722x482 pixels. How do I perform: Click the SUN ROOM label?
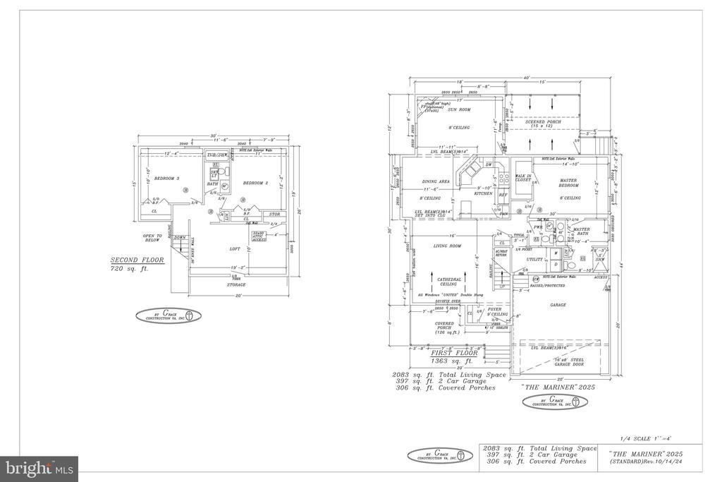click(459, 109)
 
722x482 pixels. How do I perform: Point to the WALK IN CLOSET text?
click(523, 178)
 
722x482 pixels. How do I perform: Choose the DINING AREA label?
click(436, 181)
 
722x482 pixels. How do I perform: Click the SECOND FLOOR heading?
click(137, 260)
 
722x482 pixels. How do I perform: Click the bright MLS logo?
click(39, 468)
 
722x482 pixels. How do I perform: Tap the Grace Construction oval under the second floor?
click(168, 315)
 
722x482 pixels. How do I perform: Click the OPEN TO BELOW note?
click(152, 238)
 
